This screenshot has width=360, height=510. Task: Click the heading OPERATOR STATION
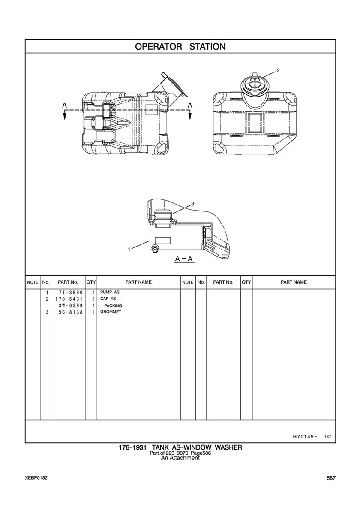pyautogui.click(x=180, y=47)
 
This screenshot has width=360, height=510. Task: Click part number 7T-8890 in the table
pyautogui.click(x=68, y=293)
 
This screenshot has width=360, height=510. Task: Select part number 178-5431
pyautogui.click(x=68, y=299)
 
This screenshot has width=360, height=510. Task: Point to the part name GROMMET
pyautogui.click(x=111, y=312)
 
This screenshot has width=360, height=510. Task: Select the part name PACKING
pyautogui.click(x=113, y=305)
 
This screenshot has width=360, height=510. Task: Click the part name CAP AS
pyautogui.click(x=108, y=299)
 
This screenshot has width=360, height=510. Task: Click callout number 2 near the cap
pyautogui.click(x=278, y=70)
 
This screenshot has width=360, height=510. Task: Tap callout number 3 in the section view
pyautogui.click(x=192, y=204)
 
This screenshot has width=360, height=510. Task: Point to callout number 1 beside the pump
pyautogui.click(x=129, y=249)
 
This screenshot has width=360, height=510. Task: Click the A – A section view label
pyautogui.click(x=184, y=259)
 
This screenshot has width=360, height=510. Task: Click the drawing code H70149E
pyautogui.click(x=305, y=437)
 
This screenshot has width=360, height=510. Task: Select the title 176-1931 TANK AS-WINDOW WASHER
pyautogui.click(x=180, y=448)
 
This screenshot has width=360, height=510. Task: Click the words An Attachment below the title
pyautogui.click(x=180, y=458)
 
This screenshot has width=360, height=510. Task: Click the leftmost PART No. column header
pyautogui.click(x=68, y=282)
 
